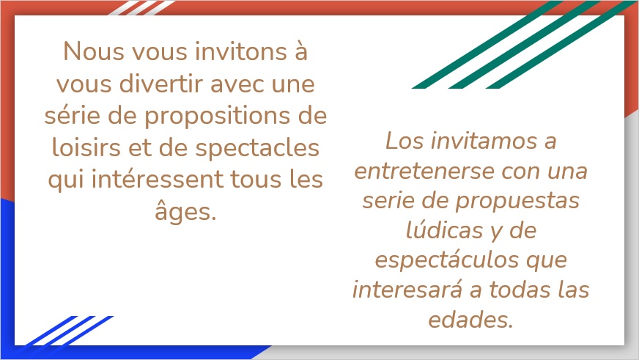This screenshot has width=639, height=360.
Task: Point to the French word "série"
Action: (x=72, y=116)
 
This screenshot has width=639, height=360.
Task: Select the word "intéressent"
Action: (x=158, y=180)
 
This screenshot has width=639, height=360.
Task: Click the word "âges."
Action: (x=185, y=212)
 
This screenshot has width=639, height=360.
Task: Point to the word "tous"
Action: (x=256, y=180)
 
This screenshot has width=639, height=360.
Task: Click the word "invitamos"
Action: (x=484, y=141)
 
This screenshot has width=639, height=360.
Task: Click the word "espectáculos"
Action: (x=447, y=261)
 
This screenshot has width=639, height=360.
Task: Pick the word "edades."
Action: (x=470, y=320)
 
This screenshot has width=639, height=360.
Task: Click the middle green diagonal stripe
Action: (x=524, y=45)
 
